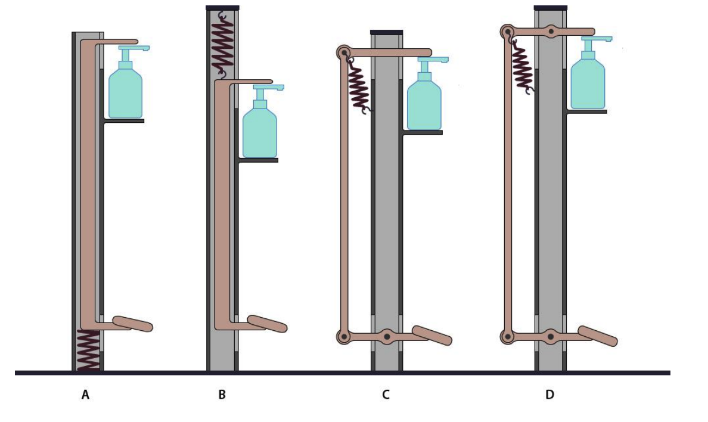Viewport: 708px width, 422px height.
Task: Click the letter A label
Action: pyautogui.click(x=85, y=395)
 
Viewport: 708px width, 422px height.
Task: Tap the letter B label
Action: pyautogui.click(x=222, y=395)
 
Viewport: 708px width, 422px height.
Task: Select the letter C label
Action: pyautogui.click(x=386, y=395)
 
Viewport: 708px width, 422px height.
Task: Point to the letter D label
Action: pyautogui.click(x=549, y=395)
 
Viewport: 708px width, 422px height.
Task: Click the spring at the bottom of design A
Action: pyautogui.click(x=88, y=350)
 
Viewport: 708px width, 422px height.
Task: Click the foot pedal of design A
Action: pyautogui.click(x=132, y=324)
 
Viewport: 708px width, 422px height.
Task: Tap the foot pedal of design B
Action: pyautogui.click(x=267, y=324)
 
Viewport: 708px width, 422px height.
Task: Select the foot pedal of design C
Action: pyautogui.click(x=432, y=336)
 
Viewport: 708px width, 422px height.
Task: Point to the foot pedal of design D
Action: pyautogui.click(x=597, y=336)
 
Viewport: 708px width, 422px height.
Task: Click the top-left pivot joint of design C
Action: pyautogui.click(x=344, y=52)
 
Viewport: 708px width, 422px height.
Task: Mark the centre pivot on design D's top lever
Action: pyautogui.click(x=552, y=31)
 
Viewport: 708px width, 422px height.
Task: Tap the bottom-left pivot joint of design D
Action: pyautogui.click(x=508, y=337)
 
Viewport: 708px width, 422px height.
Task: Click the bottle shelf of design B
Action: pyautogui.click(x=258, y=160)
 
